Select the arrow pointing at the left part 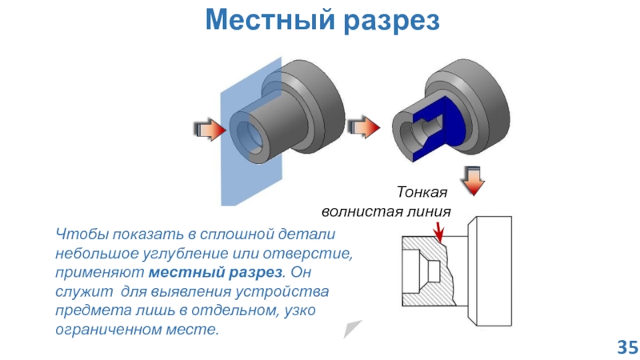tap(208, 129)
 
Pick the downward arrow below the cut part tap(474, 180)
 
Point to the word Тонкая tap(422, 193)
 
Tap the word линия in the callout tap(430, 212)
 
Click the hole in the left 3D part tap(250, 132)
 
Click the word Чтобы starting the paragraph tap(80, 234)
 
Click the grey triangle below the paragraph tap(352, 328)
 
